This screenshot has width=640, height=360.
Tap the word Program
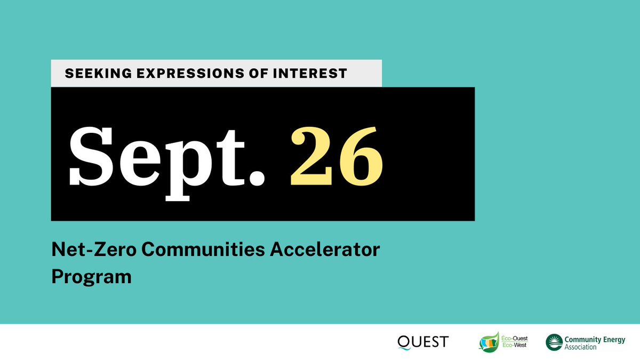pos(91,278)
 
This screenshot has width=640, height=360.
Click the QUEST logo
pos(423,342)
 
